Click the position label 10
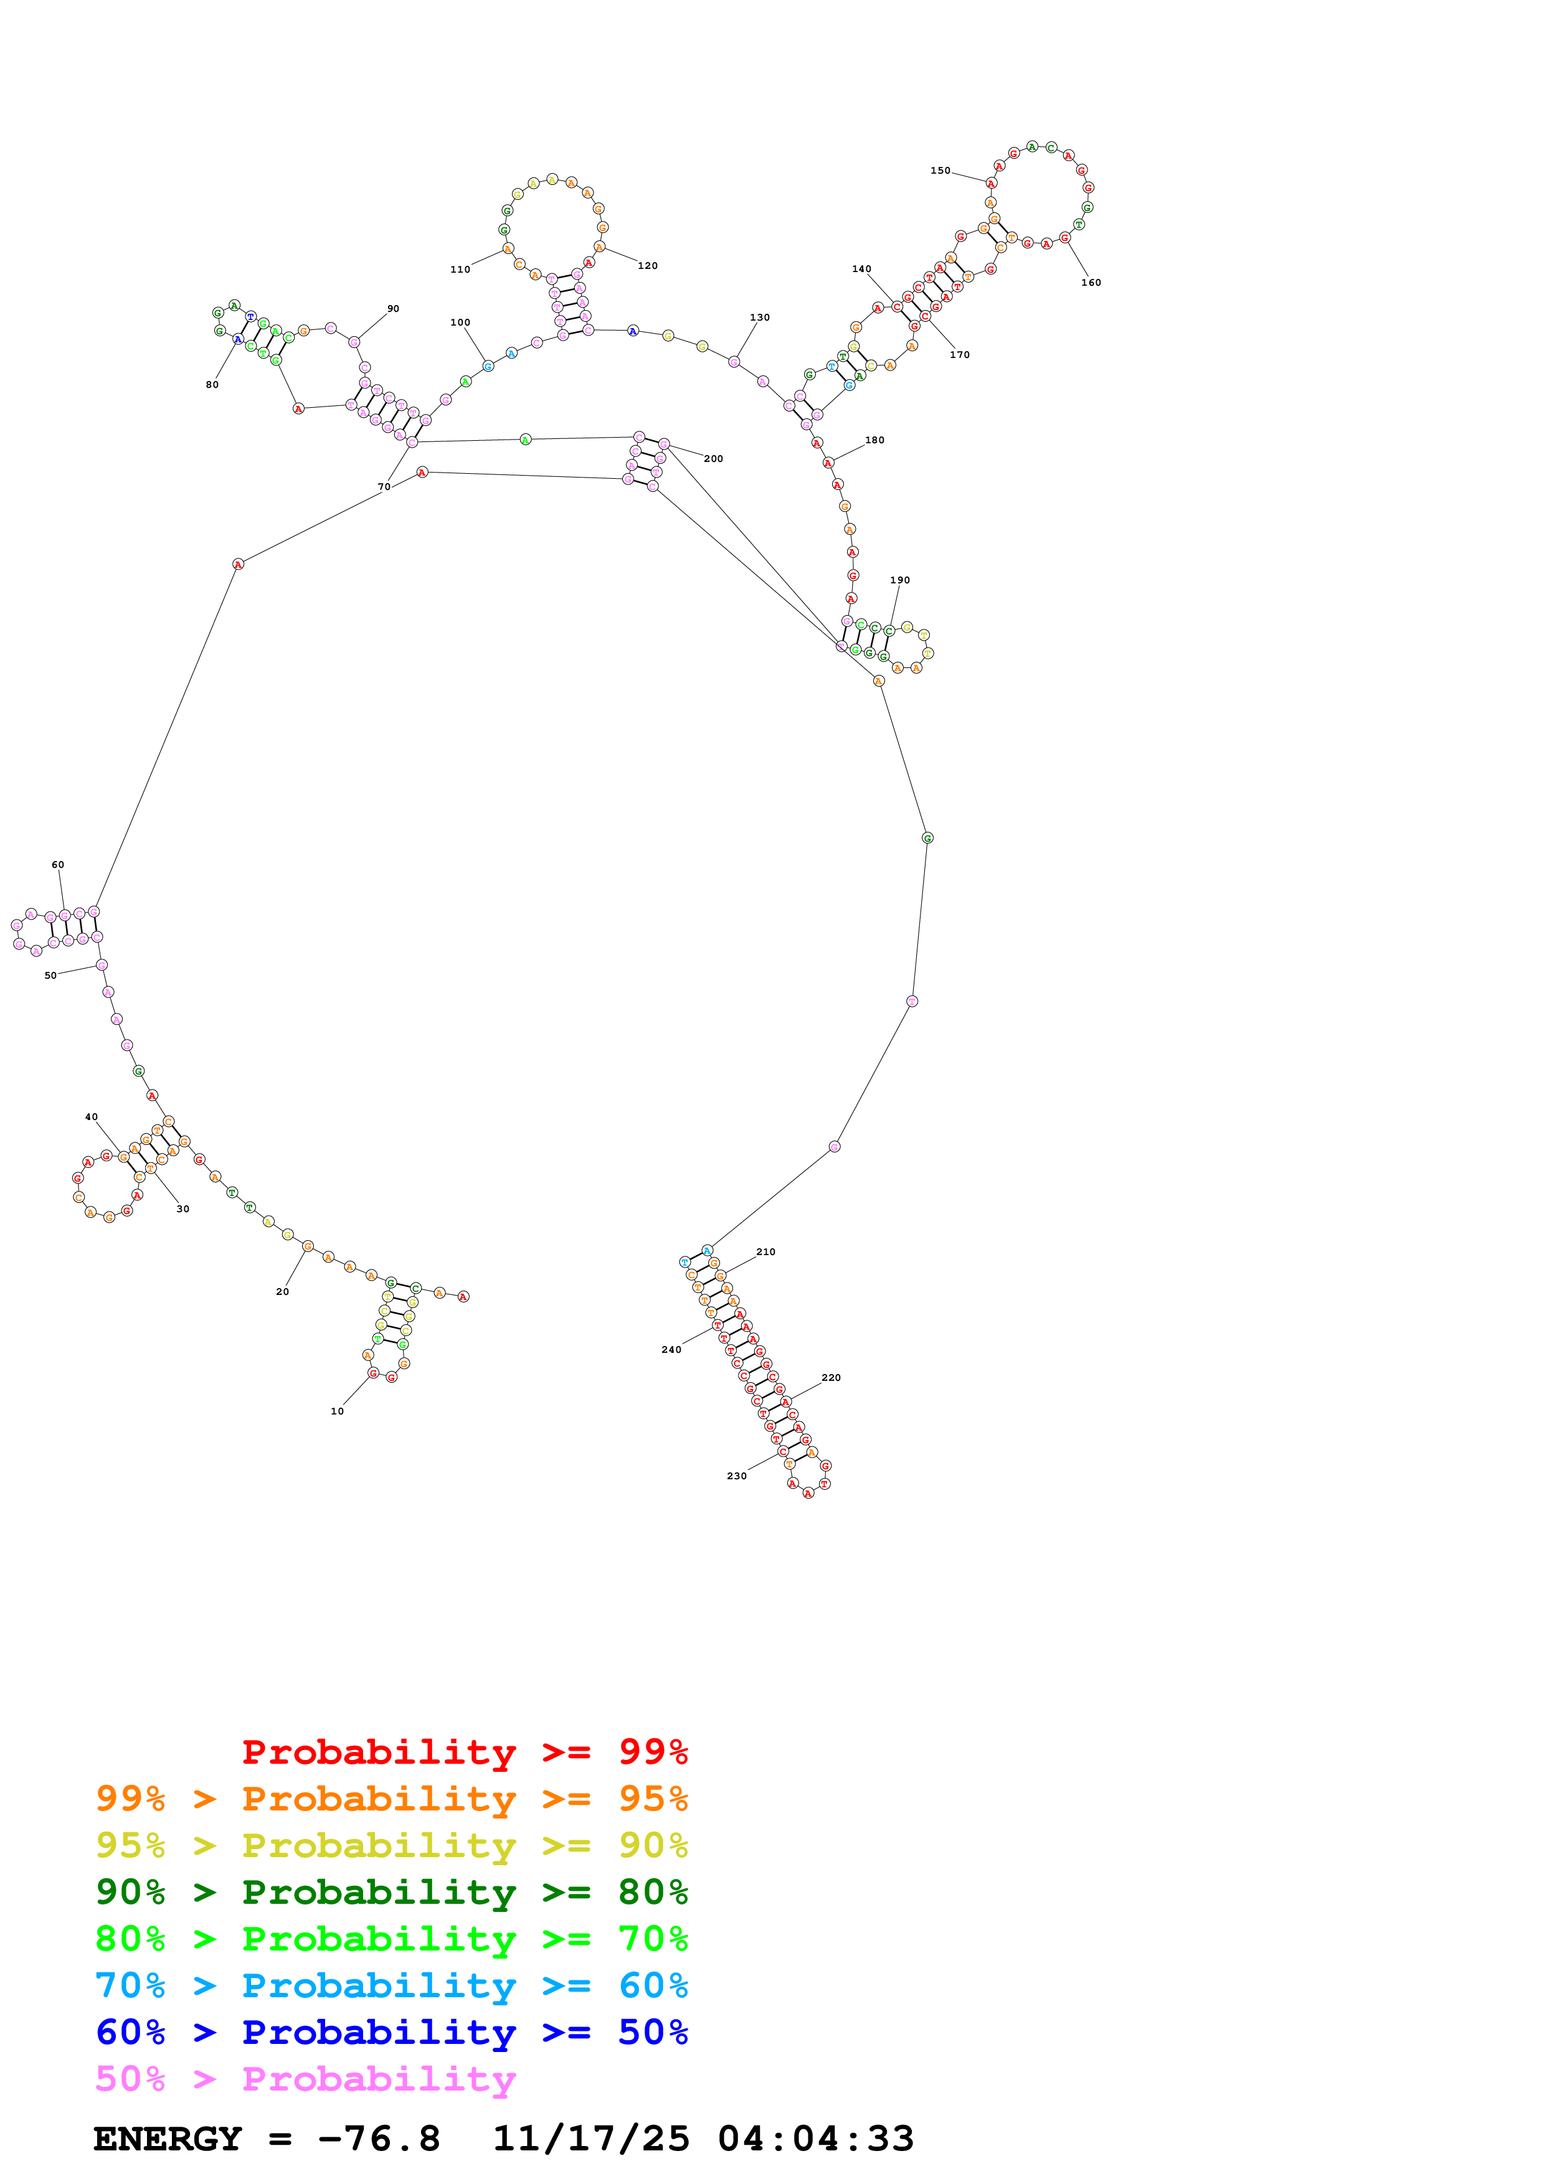[x=337, y=1411]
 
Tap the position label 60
[x=58, y=865]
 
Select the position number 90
[x=393, y=309]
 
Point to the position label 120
[x=648, y=266]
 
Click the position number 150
[x=940, y=171]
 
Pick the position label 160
[x=1091, y=283]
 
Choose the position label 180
[x=874, y=440]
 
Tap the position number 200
[x=714, y=458]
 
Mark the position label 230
[x=736, y=1476]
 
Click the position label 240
[x=671, y=1350]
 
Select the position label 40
[x=92, y=1117]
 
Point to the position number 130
[x=759, y=318]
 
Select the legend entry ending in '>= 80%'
[x=391, y=1892]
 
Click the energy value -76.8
[x=379, y=2139]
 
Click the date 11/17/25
[x=591, y=2139]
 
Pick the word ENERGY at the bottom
[x=168, y=2139]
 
